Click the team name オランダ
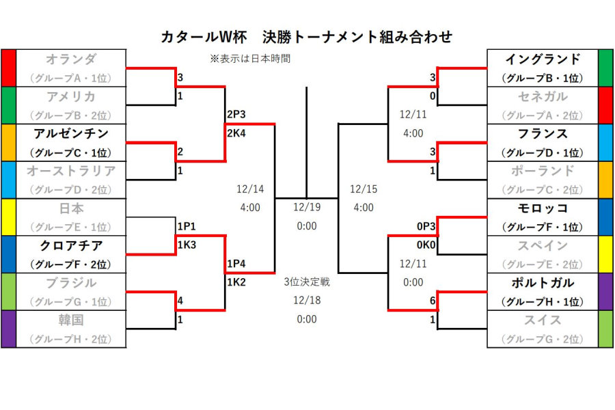click(x=71, y=59)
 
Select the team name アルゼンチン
click(x=71, y=133)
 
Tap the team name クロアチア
click(x=71, y=245)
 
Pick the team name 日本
click(x=71, y=208)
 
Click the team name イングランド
click(x=543, y=59)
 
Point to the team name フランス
click(x=543, y=133)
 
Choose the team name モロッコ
click(x=543, y=208)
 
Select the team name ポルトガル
click(x=543, y=283)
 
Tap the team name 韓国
click(x=71, y=320)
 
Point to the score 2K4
click(x=236, y=133)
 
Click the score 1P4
click(x=236, y=264)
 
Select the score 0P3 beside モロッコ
click(x=426, y=226)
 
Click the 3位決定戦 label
click(x=307, y=282)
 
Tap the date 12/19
click(x=307, y=207)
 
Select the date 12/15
click(x=364, y=189)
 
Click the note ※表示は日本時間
click(x=250, y=59)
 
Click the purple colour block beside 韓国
click(x=8, y=329)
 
